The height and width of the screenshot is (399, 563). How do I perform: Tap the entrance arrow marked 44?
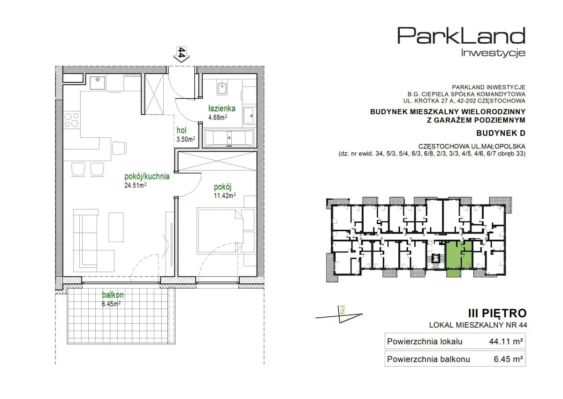(x=182, y=54)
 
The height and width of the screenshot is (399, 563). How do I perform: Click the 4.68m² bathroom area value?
(x=218, y=117)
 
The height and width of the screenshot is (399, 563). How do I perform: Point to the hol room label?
(x=182, y=130)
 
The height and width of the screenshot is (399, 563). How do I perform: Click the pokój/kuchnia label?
(x=147, y=177)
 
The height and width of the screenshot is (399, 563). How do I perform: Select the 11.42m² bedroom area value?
(x=225, y=196)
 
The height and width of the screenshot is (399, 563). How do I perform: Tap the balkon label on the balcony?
(x=113, y=295)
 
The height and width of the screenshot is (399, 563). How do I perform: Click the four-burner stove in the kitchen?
(x=72, y=120)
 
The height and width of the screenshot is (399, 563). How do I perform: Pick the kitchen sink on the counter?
(x=98, y=82)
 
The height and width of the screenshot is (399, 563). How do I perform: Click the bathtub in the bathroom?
(x=229, y=138)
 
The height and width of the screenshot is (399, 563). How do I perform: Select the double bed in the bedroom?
(x=221, y=230)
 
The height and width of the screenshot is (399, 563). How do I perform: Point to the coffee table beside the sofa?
(x=116, y=227)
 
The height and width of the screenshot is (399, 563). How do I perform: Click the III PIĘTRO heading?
(x=497, y=313)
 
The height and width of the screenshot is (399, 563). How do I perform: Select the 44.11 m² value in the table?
(x=506, y=342)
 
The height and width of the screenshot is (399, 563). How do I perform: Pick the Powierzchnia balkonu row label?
(x=428, y=359)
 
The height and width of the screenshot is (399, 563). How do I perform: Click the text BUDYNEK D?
(x=501, y=133)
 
